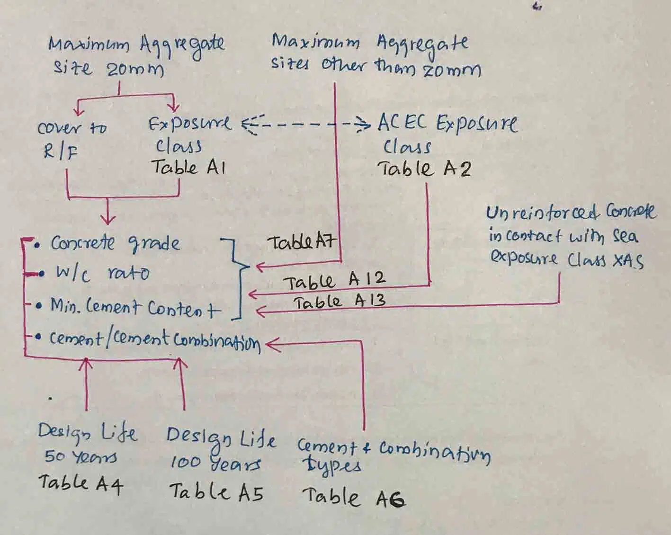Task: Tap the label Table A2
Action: pos(424,169)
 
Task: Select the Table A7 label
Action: pos(302,242)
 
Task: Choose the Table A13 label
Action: pos(339,302)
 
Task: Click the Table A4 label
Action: pos(81,483)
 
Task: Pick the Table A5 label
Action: pos(216,492)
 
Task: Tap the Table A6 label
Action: pos(353,497)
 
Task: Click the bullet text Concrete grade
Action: pos(116,243)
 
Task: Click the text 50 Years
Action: pos(81,457)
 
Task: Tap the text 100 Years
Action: pos(215,462)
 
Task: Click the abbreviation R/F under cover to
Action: pos(61,152)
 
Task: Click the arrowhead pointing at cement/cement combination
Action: pos(272,345)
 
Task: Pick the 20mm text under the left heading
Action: pos(134,70)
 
